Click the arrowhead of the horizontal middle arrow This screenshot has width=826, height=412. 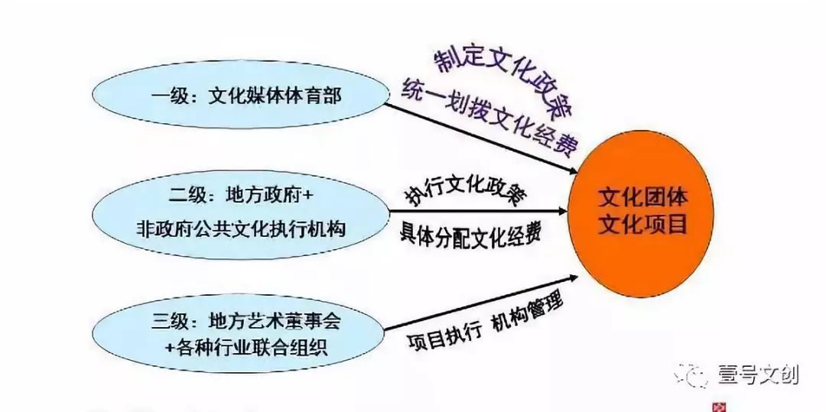[x=564, y=212]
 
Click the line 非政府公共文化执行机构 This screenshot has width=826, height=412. [x=241, y=229]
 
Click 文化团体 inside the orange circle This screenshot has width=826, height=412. [x=643, y=199]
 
